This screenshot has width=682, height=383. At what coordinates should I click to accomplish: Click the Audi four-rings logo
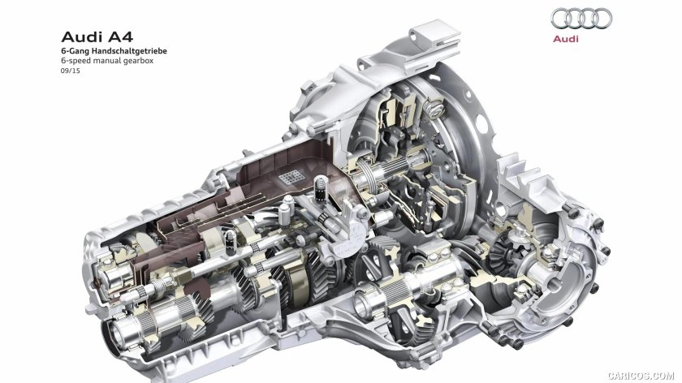coord(581,19)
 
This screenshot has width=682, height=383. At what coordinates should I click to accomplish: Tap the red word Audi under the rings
coord(565,39)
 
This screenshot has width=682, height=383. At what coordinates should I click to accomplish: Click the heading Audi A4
coord(97,37)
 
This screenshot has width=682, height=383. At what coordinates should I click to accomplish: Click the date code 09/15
coord(71,71)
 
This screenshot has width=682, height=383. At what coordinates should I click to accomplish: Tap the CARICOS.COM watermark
coord(641,375)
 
